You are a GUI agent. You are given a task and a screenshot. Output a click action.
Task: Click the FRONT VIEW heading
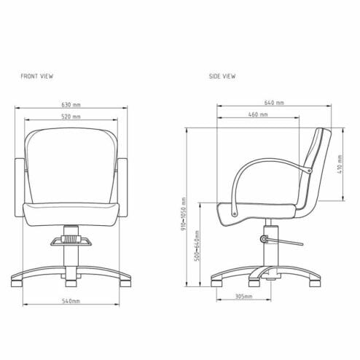(37, 76)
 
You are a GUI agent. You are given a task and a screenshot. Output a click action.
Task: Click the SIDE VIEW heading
(222, 76)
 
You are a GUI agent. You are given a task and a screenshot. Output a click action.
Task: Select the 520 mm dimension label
(71, 117)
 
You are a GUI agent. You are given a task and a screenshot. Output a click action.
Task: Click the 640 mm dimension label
(275, 103)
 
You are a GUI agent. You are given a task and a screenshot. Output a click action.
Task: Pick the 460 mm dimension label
(256, 115)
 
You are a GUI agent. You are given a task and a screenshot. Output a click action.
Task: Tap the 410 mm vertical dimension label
(340, 165)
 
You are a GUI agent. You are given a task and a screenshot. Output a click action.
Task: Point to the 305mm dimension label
(243, 297)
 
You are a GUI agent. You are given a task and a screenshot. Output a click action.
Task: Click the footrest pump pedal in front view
(71, 238)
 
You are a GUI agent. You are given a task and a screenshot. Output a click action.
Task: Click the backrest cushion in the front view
(71, 164)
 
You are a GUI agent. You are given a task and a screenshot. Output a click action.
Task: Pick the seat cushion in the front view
(71, 211)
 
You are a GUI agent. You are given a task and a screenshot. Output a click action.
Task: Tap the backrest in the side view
(316, 164)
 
